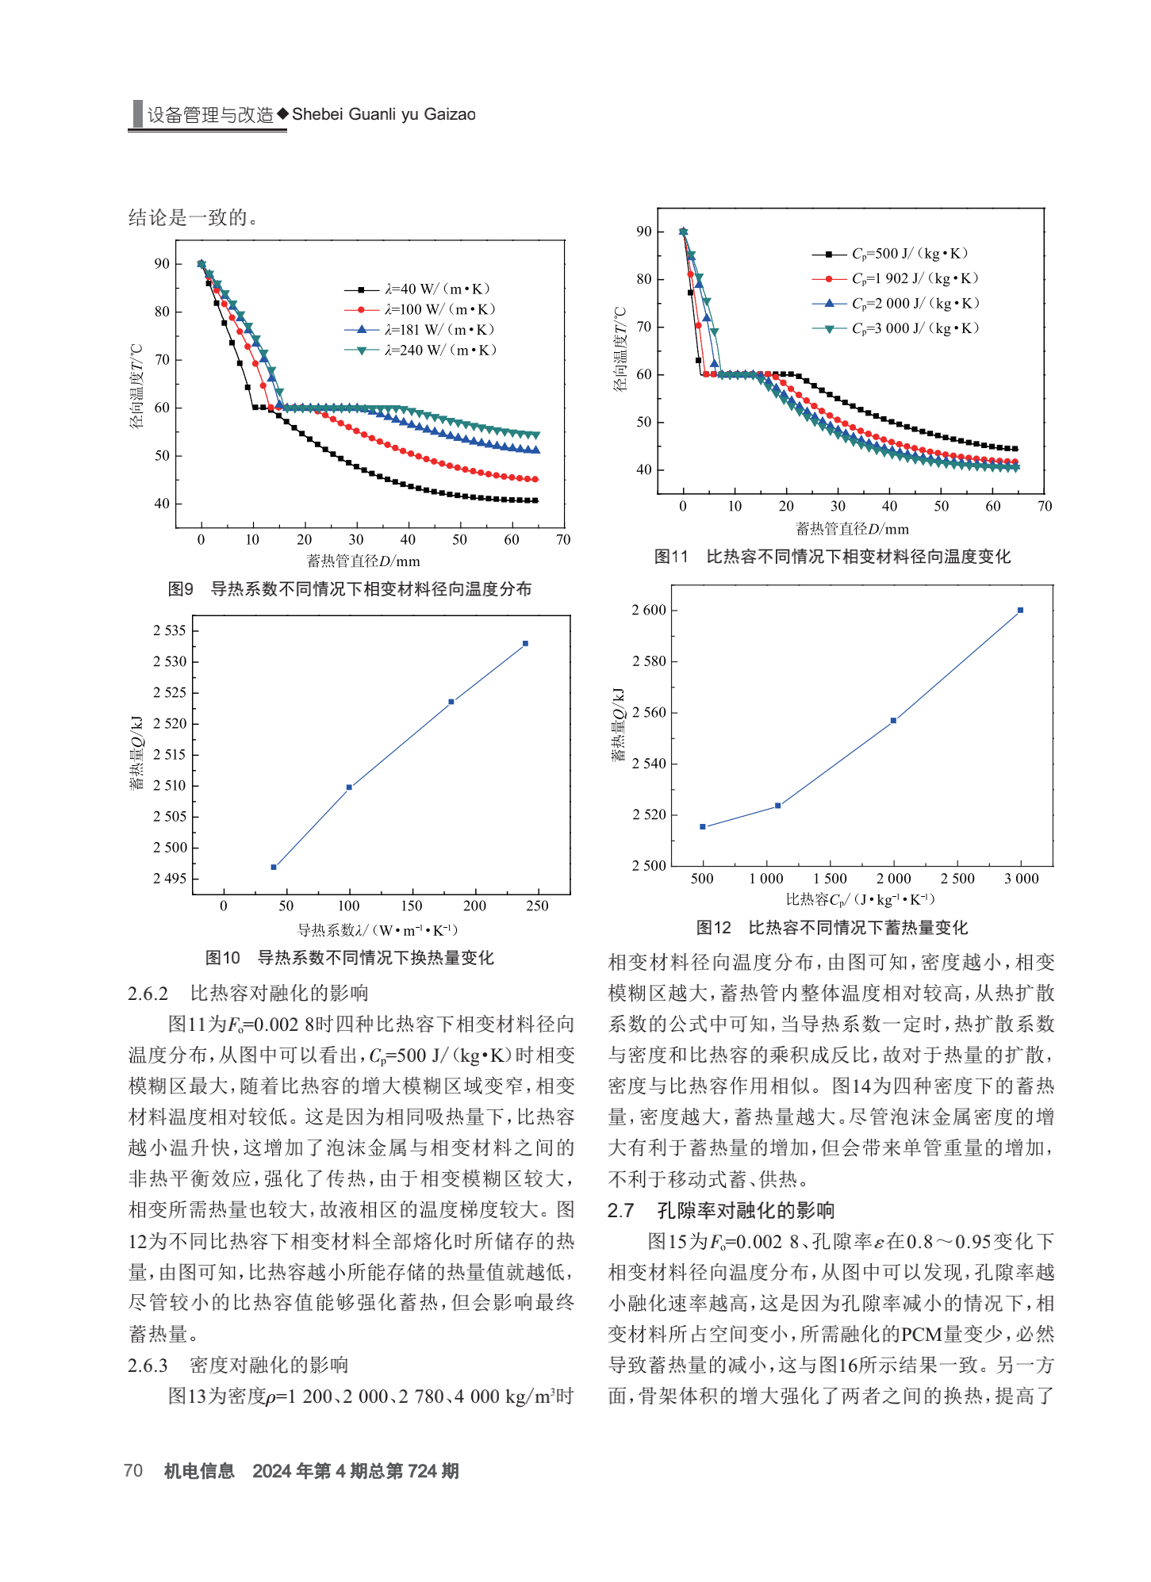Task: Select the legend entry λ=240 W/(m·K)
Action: coord(420,350)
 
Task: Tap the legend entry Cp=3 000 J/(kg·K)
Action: coord(896,328)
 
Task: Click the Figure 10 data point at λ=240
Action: coord(525,643)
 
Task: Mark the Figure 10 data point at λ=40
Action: coord(274,868)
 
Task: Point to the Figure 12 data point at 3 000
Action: coord(1020,610)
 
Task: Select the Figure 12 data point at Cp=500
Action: coord(702,826)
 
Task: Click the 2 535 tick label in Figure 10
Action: coord(170,630)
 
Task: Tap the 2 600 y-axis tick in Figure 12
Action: coord(649,610)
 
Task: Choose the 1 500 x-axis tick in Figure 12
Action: coord(831,879)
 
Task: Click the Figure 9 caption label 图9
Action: coord(181,589)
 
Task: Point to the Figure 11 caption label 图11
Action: coord(671,557)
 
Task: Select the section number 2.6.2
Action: coord(148,994)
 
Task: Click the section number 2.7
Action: coord(620,1211)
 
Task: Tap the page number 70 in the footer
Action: coord(133,1471)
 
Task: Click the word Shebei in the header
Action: coord(317,114)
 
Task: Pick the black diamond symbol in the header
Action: coord(282,114)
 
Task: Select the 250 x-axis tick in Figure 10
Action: coord(537,906)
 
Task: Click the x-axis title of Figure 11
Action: coord(853,529)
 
